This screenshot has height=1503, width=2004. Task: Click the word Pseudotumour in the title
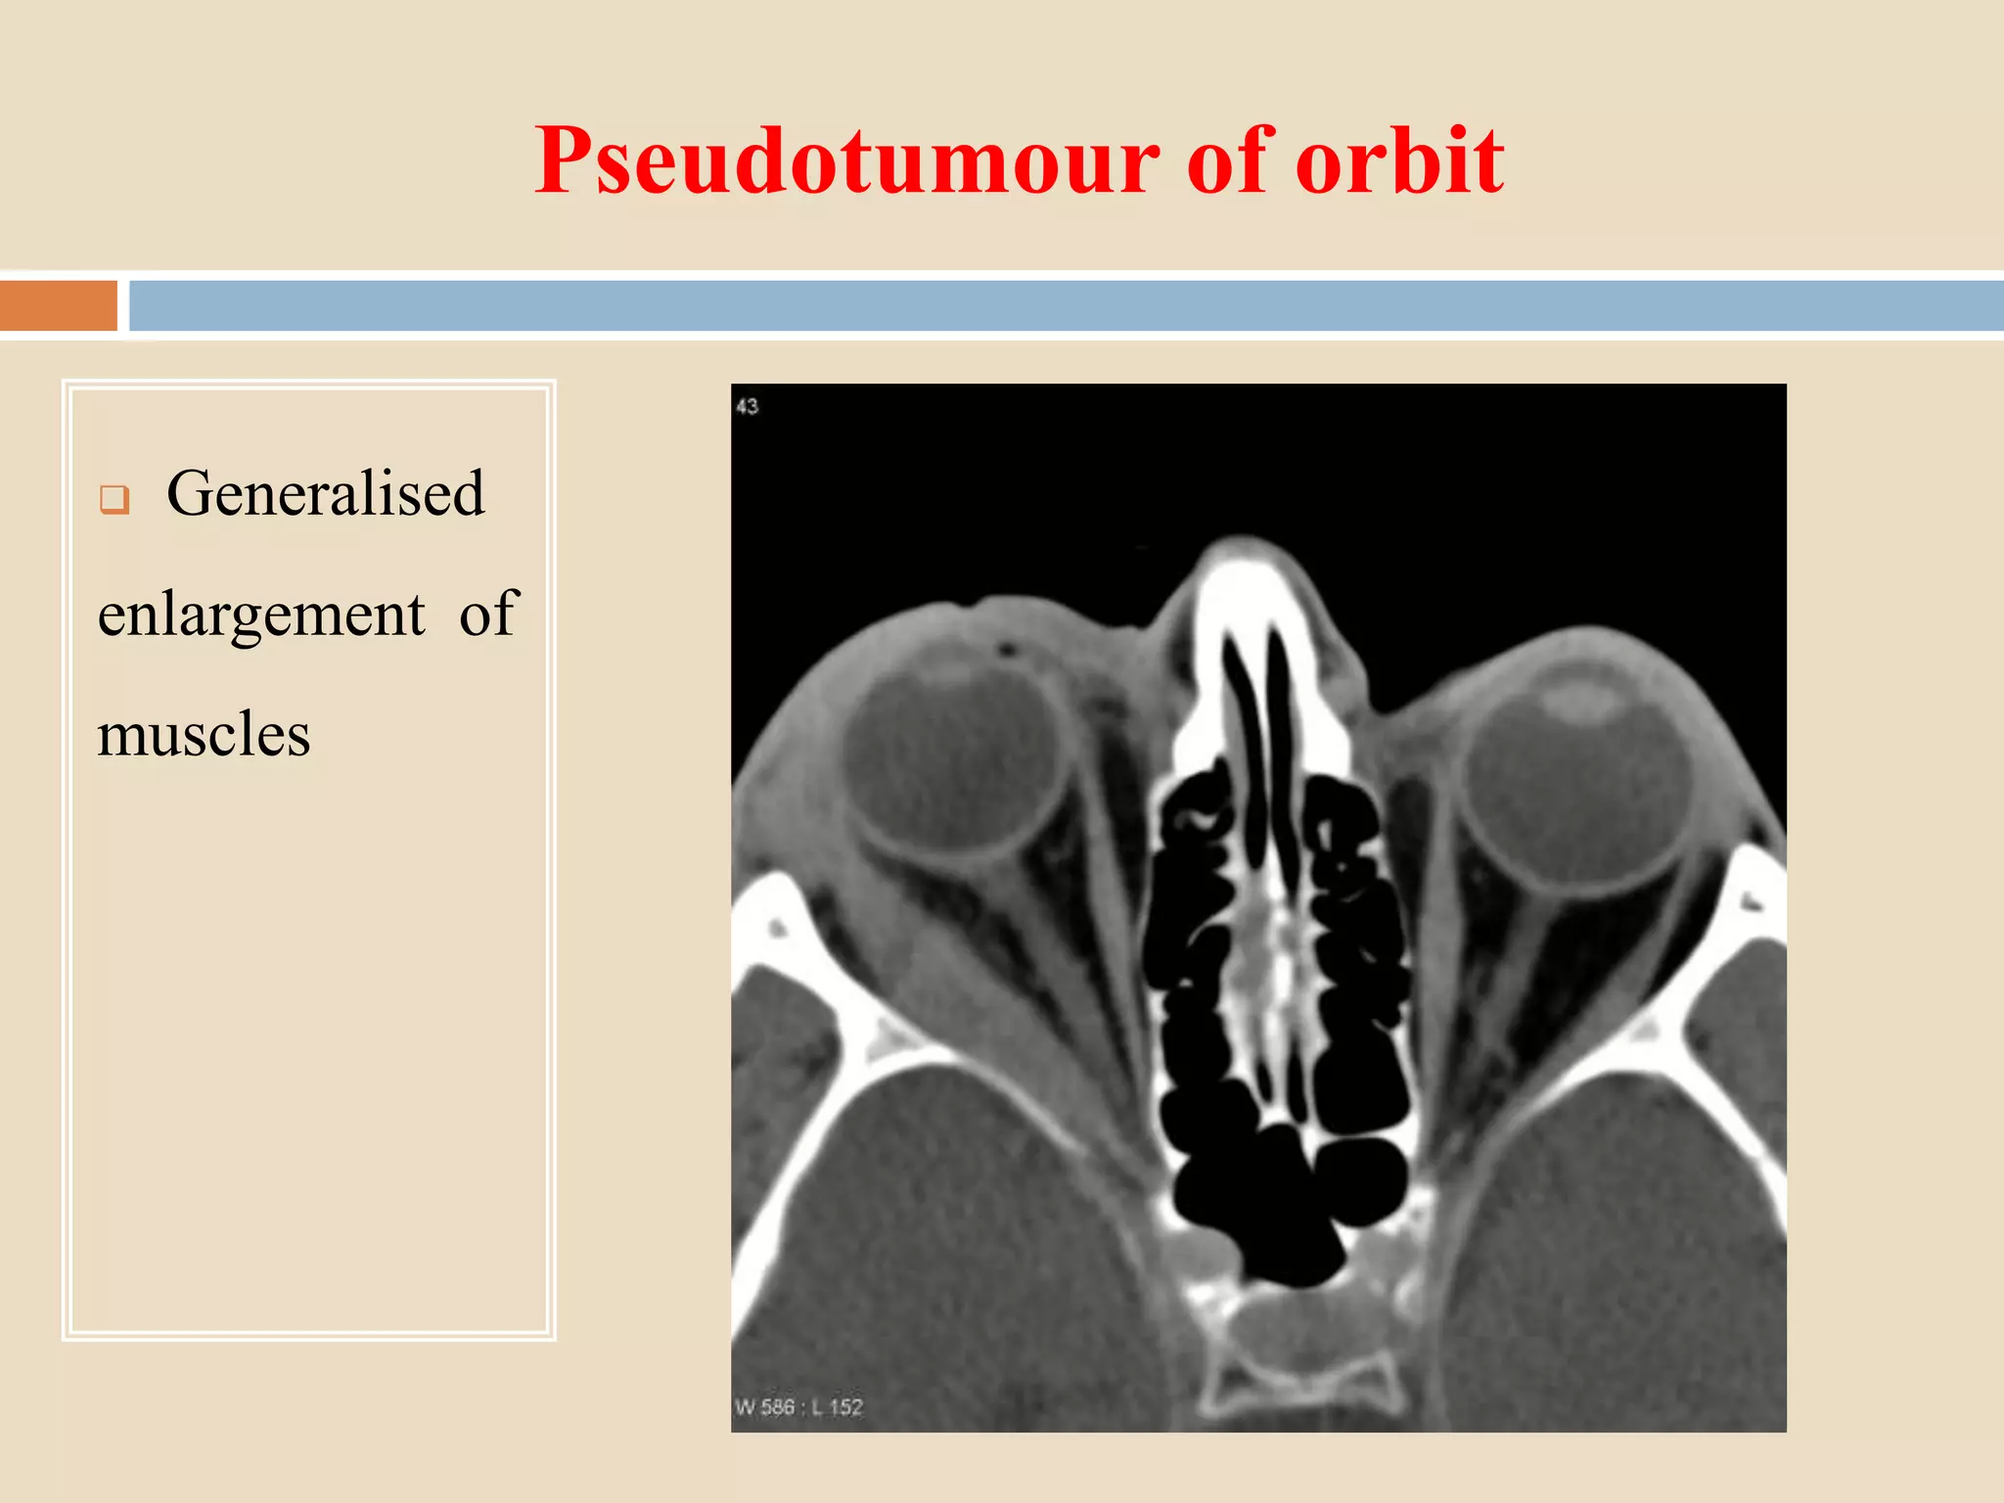pyautogui.click(x=847, y=161)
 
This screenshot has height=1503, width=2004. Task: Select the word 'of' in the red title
pyautogui.click(x=1230, y=161)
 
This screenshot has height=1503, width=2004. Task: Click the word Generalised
pyautogui.click(x=325, y=493)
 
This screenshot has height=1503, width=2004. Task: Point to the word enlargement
pyautogui.click(x=261, y=615)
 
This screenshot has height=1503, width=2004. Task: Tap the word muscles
pyautogui.click(x=204, y=735)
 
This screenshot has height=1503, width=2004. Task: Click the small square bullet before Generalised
pyautogui.click(x=114, y=500)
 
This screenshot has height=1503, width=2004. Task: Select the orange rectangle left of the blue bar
pyautogui.click(x=58, y=305)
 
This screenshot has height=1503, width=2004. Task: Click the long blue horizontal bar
pyautogui.click(x=1065, y=305)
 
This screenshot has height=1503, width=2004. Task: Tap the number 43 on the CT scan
pyautogui.click(x=748, y=406)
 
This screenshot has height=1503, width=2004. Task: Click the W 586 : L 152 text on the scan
pyautogui.click(x=798, y=1407)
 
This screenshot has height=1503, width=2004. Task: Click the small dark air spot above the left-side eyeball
pyautogui.click(x=1005, y=648)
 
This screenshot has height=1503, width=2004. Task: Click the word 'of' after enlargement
pyautogui.click(x=487, y=615)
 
